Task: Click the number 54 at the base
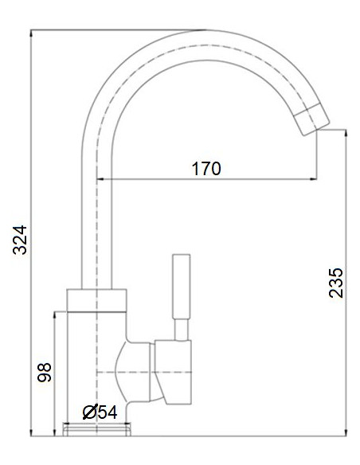coord(107,412)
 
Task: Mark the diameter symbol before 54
coord(89,412)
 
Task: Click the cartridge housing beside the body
coord(174,369)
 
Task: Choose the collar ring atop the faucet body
coord(96,299)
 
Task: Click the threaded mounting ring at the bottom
coord(96,431)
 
